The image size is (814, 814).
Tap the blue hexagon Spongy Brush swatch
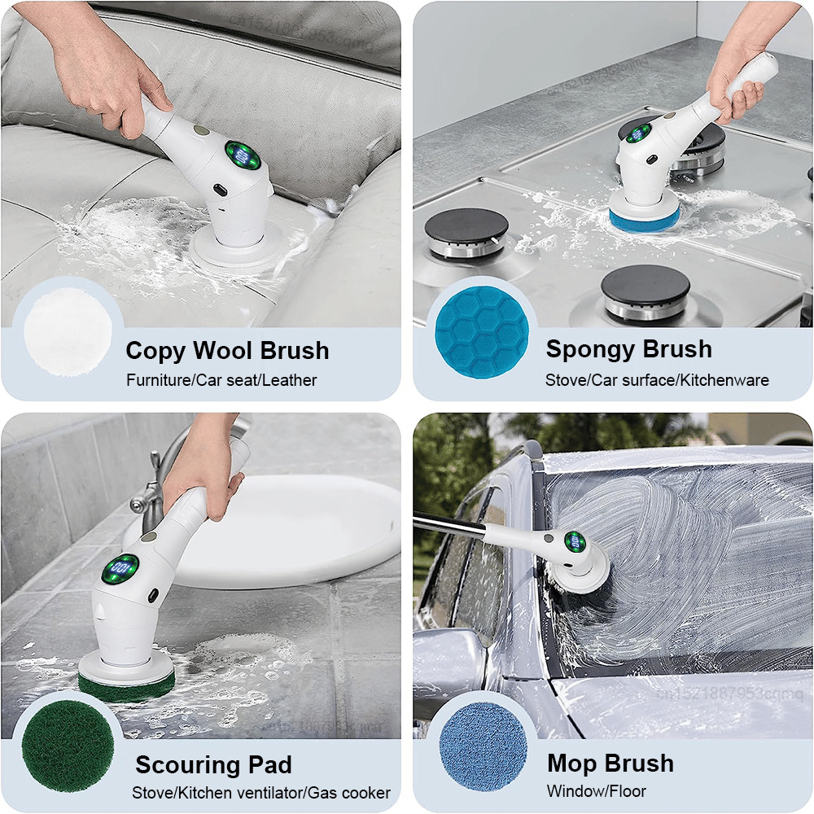pyautogui.click(x=481, y=331)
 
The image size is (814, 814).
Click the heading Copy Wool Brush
pyautogui.click(x=227, y=351)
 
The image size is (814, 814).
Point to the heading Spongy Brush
pyautogui.click(x=628, y=349)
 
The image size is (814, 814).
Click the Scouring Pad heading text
pyautogui.click(x=213, y=765)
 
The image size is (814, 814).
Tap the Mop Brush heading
pyautogui.click(x=610, y=764)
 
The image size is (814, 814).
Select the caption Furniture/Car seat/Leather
pyautogui.click(x=221, y=380)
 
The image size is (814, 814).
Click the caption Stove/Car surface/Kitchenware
pyautogui.click(x=657, y=380)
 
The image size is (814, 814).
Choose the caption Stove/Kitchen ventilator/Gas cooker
pyautogui.click(x=261, y=793)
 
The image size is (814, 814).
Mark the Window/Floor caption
pyautogui.click(x=597, y=791)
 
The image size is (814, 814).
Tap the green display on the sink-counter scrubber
pyautogui.click(x=122, y=568)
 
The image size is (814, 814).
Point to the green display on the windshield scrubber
pyautogui.click(x=575, y=541)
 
